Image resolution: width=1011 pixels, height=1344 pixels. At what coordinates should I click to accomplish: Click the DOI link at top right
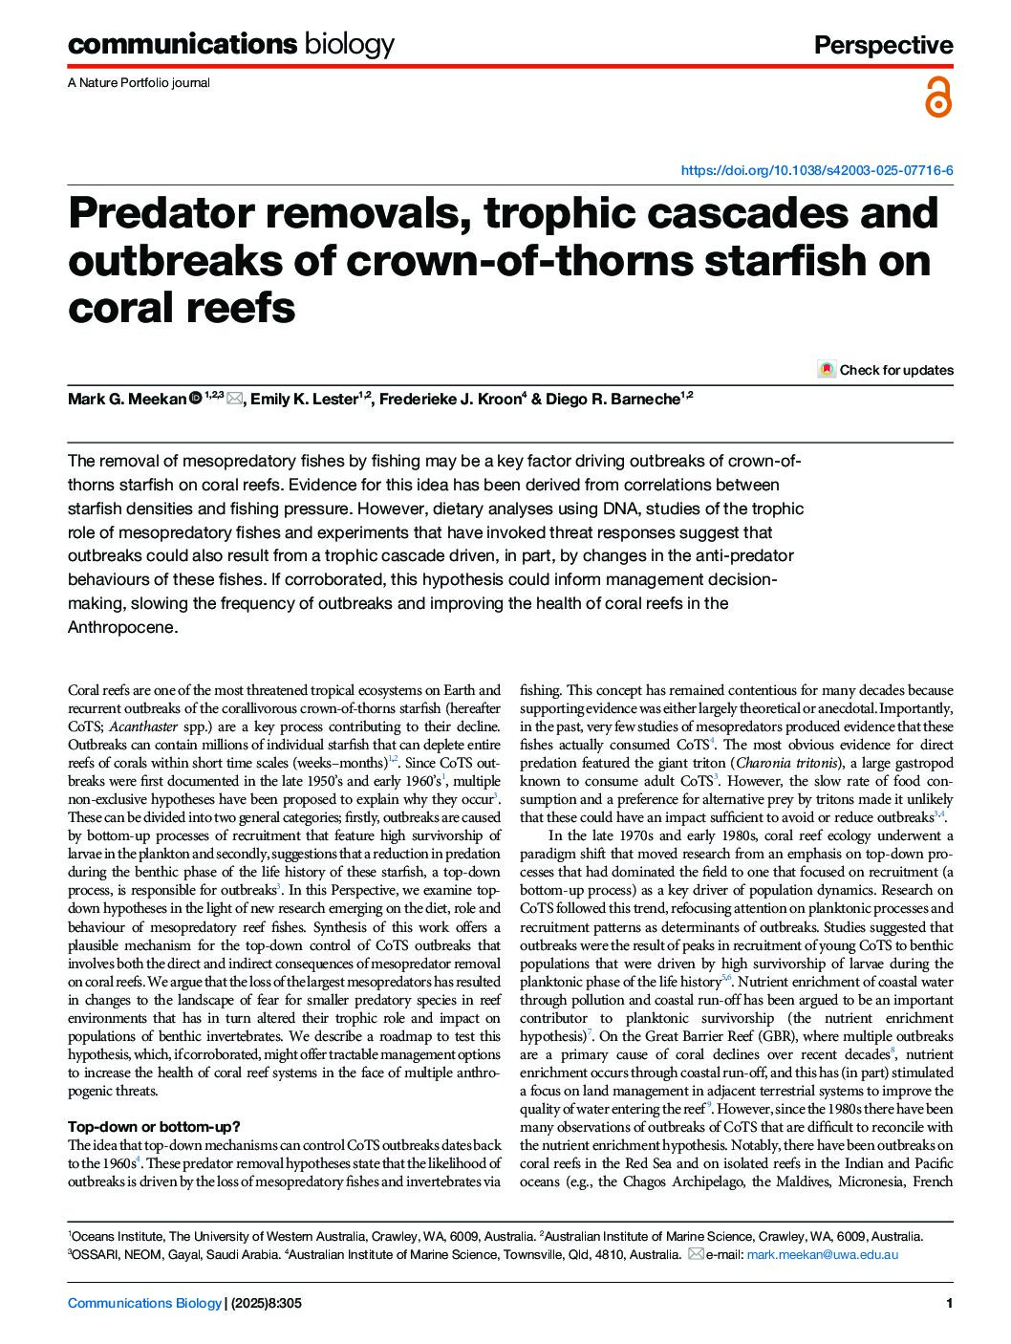(816, 171)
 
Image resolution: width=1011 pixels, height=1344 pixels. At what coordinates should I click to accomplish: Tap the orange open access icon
(938, 98)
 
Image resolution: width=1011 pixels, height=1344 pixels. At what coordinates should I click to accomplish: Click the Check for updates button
(886, 370)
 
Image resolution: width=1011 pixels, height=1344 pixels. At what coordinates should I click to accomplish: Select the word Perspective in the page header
(883, 45)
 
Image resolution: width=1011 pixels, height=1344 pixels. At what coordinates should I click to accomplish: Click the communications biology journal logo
(230, 44)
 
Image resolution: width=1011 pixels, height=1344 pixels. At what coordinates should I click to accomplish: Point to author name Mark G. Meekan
(126, 399)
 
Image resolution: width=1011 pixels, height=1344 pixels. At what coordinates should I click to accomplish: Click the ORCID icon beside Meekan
(195, 398)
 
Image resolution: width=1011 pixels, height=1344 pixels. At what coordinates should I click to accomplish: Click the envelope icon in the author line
(235, 399)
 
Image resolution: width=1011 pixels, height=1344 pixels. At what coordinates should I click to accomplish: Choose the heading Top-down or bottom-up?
(154, 1126)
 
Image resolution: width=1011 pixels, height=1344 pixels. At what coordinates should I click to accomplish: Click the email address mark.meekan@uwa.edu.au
(822, 1254)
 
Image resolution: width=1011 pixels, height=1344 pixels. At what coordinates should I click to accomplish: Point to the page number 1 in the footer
(948, 1303)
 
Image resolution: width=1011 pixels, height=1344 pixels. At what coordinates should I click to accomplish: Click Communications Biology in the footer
(143, 1303)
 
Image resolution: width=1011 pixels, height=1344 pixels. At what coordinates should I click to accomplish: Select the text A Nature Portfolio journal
(139, 83)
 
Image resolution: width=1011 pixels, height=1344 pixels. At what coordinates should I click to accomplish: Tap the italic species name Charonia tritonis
(787, 763)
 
